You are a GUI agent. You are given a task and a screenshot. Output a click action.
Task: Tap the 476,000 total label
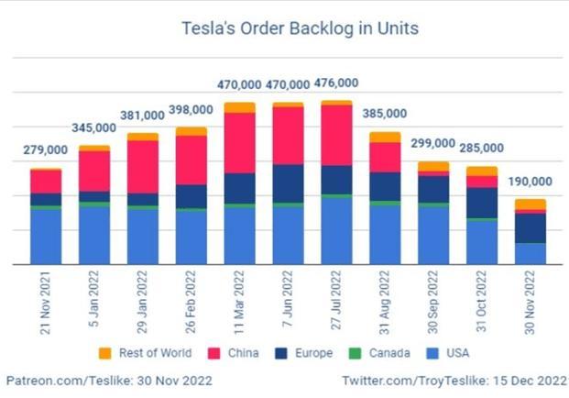336,83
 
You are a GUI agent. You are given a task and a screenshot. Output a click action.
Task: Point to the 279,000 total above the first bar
45,150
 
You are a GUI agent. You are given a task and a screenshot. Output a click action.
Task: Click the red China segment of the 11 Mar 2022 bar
239,142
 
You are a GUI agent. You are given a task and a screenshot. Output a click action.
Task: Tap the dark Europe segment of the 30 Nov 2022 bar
531,227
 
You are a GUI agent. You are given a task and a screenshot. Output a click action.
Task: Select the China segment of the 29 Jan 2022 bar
142,166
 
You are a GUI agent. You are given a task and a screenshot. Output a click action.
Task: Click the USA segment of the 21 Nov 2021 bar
45,237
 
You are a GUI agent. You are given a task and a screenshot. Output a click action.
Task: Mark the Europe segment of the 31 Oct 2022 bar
482,202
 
